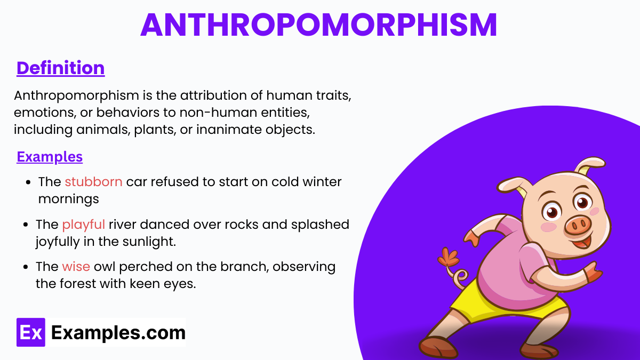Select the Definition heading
60,68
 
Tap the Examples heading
50,157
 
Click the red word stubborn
94,182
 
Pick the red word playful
84,224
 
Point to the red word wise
76,266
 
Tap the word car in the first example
137,182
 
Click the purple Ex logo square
31,332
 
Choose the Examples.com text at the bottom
118,333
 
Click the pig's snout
579,226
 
